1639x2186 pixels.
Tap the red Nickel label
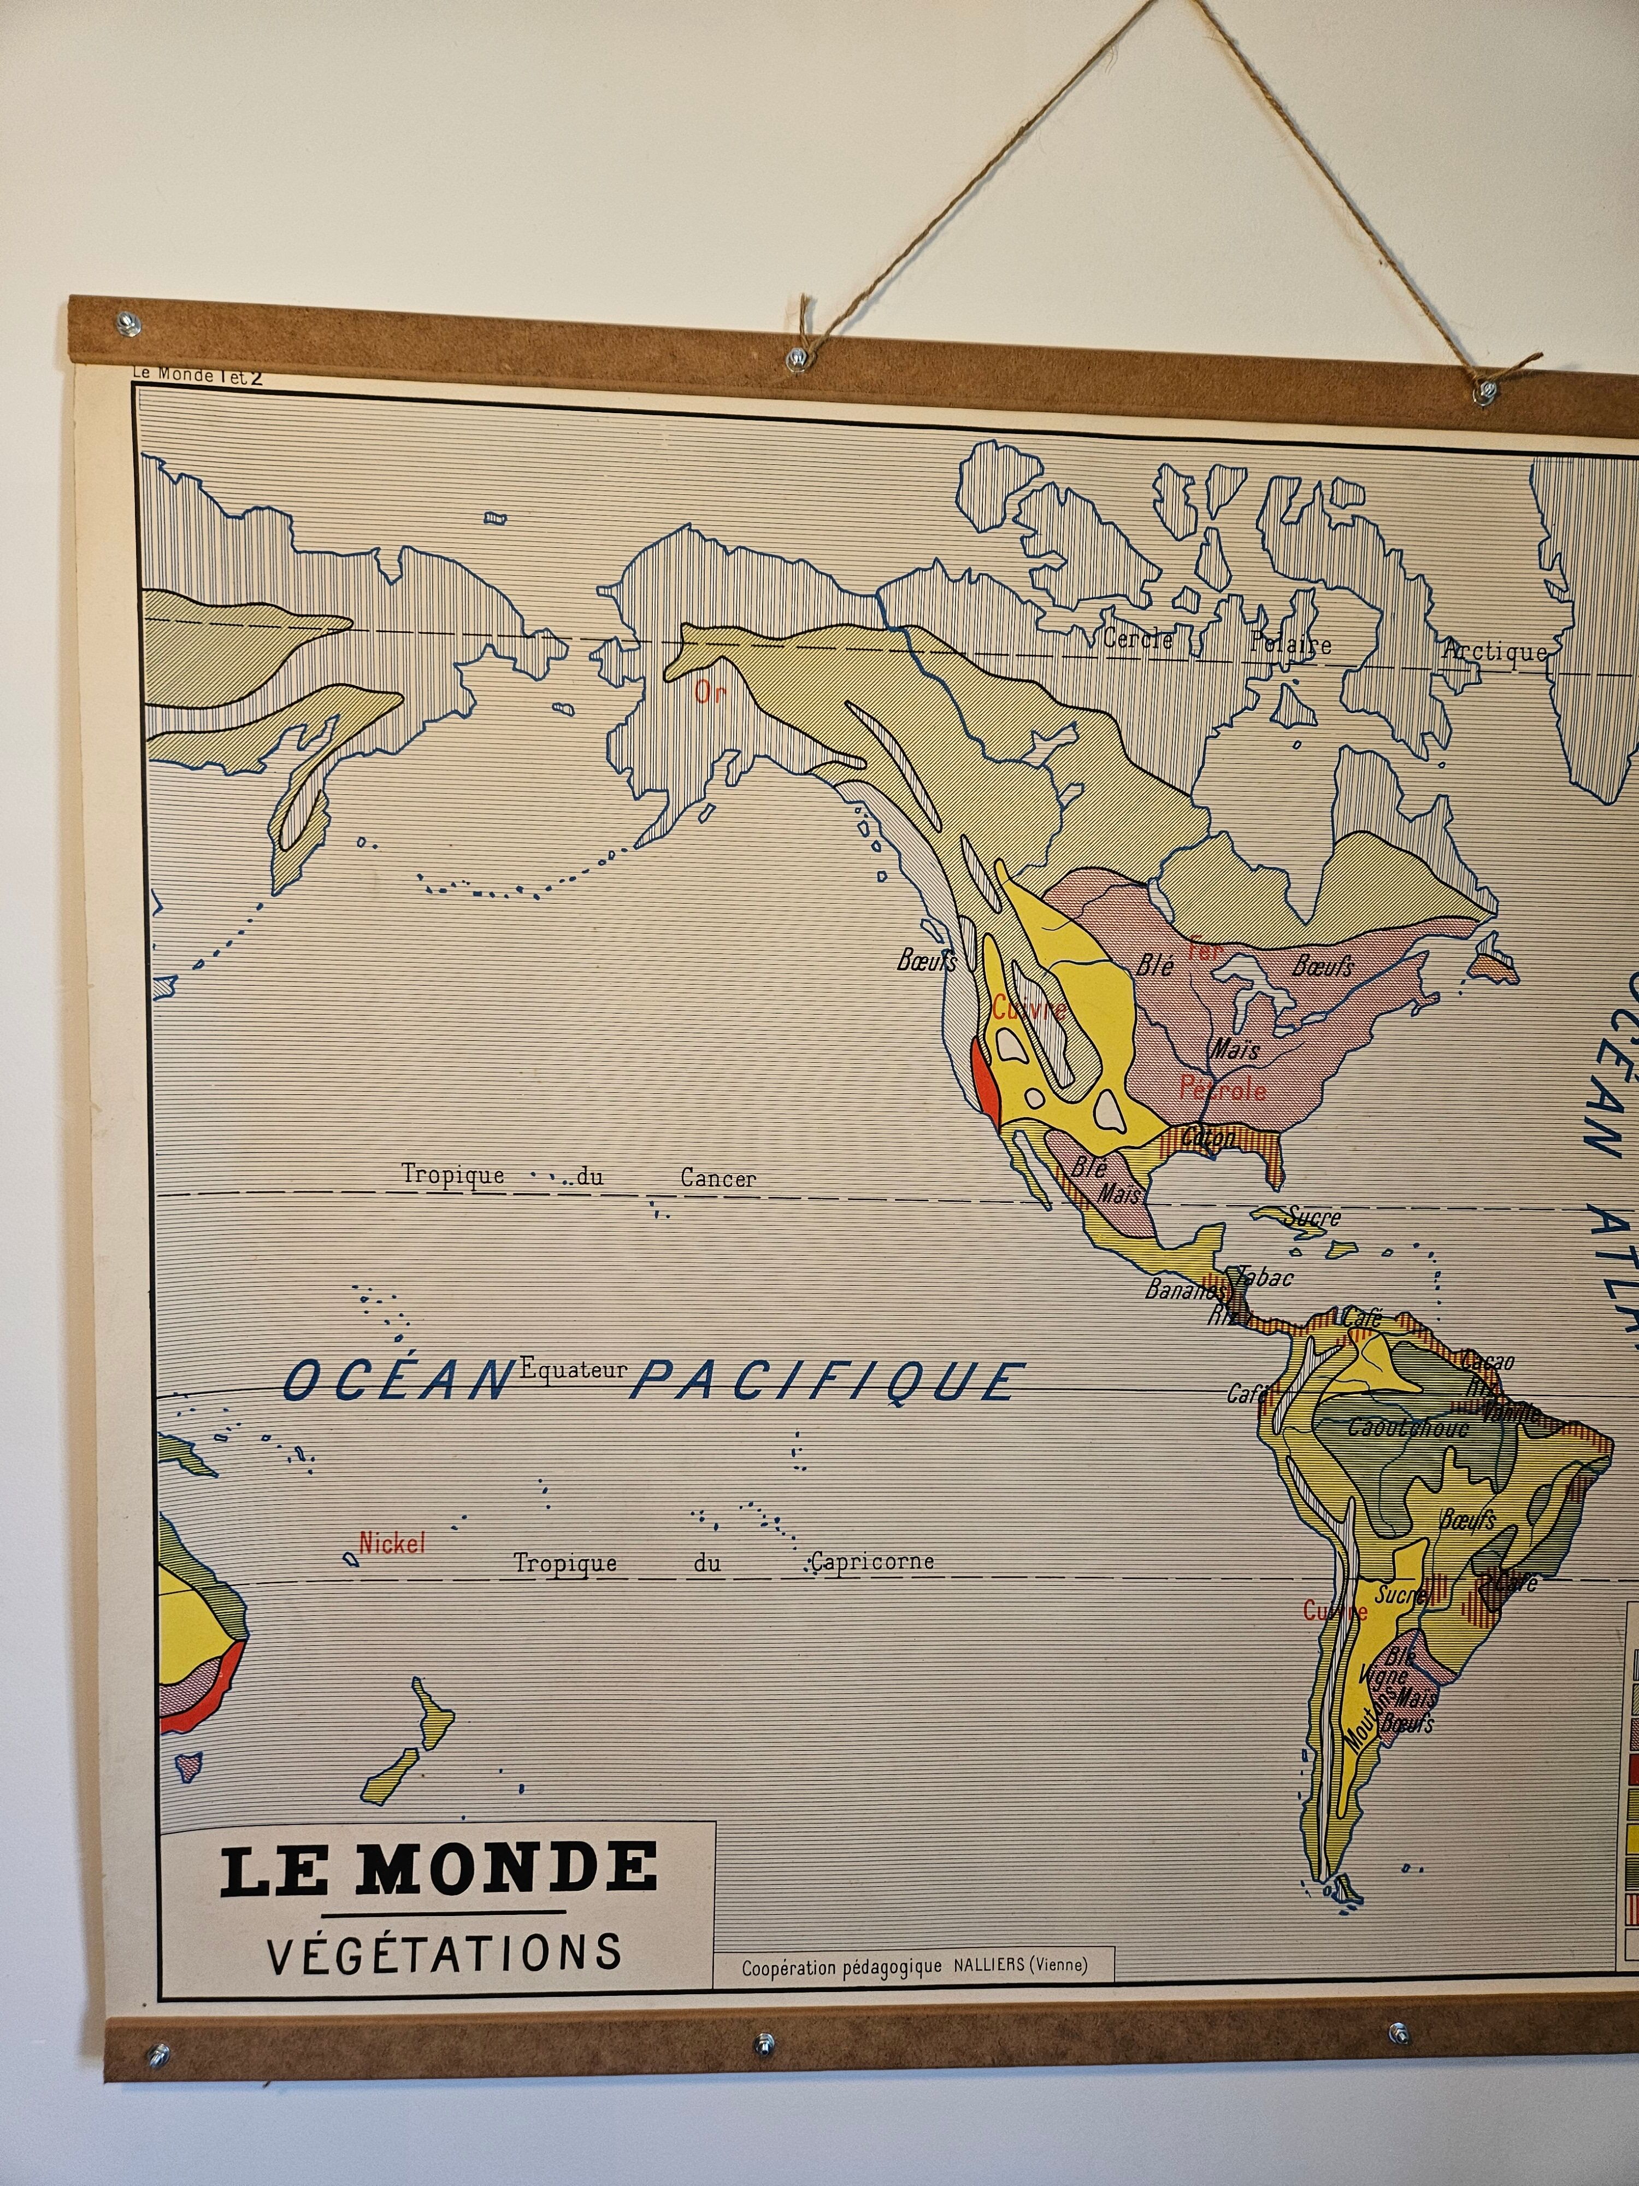coord(392,1543)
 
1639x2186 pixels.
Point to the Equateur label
coord(573,1369)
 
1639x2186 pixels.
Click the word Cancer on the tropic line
coord(718,1178)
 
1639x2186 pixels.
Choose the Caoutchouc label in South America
coord(1408,1427)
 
